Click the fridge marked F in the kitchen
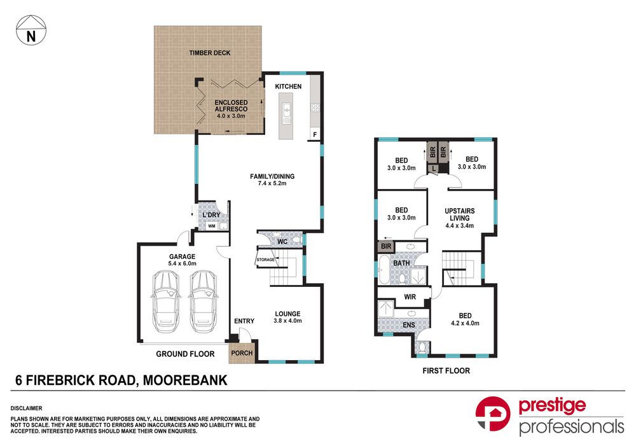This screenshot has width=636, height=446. [314, 134]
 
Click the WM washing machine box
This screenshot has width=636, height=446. [211, 225]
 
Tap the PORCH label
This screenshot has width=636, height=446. [242, 353]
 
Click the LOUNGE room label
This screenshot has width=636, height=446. [287, 313]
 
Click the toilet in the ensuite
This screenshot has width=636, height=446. [422, 345]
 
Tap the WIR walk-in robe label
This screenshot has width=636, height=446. [410, 296]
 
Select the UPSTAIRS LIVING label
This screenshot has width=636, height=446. [459, 215]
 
